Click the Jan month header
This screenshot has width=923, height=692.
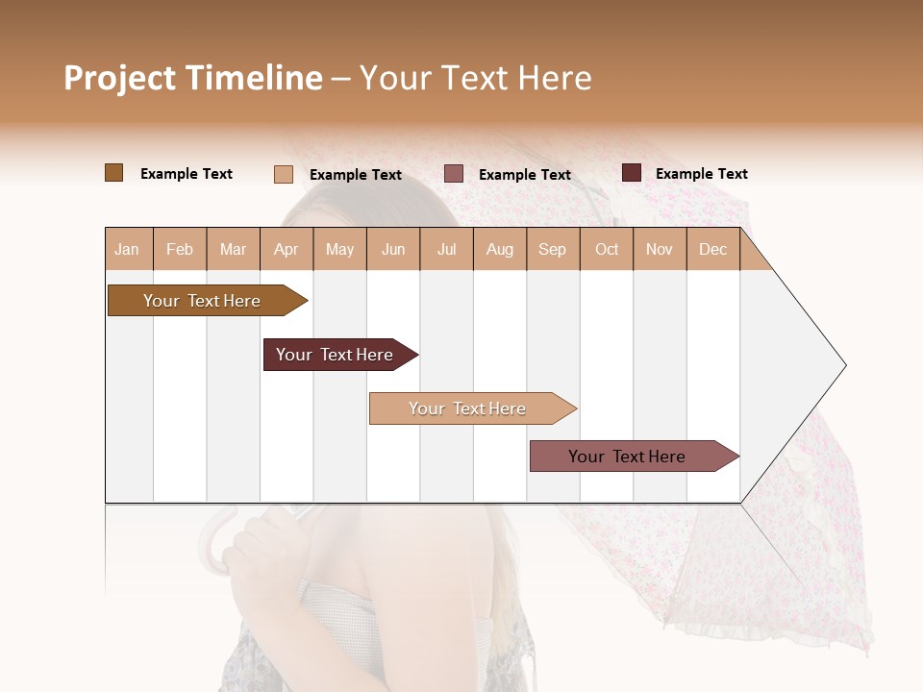click(127, 250)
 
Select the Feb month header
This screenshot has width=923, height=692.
click(180, 250)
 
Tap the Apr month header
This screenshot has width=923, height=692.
click(286, 250)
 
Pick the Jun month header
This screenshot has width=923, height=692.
click(393, 250)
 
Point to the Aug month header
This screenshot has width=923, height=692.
click(499, 250)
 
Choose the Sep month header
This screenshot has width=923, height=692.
click(552, 250)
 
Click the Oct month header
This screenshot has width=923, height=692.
click(607, 250)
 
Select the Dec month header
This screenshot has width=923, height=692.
click(712, 250)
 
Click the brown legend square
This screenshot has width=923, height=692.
click(114, 173)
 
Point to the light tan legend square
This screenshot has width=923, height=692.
click(284, 174)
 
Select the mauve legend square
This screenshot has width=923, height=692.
click(454, 174)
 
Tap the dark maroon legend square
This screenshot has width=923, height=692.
click(632, 173)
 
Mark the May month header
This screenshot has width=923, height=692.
click(339, 250)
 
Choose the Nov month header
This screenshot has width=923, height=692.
click(660, 250)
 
